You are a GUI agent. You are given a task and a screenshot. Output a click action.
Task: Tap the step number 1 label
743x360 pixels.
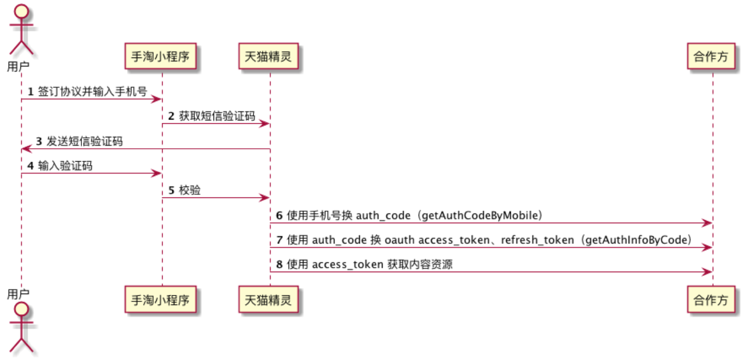[x=31, y=92]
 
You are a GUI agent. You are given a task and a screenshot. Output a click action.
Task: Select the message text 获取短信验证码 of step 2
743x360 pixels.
[x=217, y=116]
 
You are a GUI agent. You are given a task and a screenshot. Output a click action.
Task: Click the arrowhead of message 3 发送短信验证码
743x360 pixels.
[x=25, y=149]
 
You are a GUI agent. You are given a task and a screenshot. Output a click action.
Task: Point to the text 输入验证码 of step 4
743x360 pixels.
[x=65, y=166]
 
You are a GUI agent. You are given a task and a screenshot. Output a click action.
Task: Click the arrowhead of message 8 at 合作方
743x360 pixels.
[x=709, y=272]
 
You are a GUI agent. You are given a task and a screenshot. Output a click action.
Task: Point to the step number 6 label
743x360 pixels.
[x=279, y=215]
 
